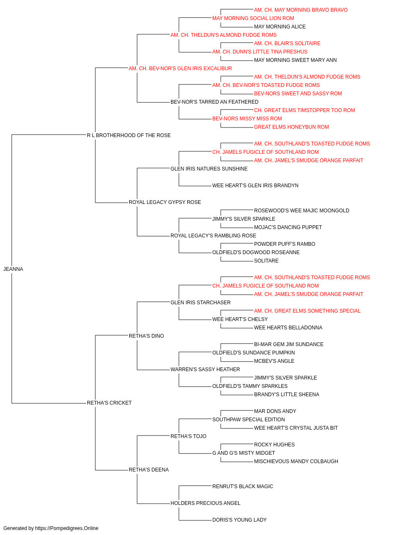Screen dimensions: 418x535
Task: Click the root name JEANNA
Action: pos(13,269)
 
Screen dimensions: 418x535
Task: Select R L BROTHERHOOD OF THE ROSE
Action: pos(129,135)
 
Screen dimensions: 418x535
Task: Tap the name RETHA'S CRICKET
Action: pos(109,403)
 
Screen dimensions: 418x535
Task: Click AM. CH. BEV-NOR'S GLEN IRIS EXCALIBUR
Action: pos(180,69)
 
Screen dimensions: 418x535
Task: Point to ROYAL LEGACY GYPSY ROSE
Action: pos(165,202)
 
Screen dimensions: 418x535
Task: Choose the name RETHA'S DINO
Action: pos(146,336)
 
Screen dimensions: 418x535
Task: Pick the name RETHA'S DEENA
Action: pos(149,470)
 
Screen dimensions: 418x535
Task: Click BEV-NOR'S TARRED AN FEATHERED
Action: pos(214,102)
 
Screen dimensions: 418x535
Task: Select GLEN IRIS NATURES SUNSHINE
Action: pos(209,168)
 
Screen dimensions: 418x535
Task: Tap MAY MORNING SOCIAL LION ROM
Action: pos(253,18)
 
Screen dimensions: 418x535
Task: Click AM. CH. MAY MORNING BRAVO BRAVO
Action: pos(301,10)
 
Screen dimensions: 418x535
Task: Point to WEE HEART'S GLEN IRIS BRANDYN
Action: pos(255,186)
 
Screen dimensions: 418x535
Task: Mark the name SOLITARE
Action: pos(266,261)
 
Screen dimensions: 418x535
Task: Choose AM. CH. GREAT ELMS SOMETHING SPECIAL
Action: pos(307,311)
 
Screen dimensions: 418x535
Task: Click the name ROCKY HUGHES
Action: pos(274,445)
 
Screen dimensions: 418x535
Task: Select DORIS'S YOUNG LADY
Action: pos(239,520)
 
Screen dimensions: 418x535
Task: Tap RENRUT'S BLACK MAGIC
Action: pos(243,487)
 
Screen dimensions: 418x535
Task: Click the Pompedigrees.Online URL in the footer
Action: pos(67,528)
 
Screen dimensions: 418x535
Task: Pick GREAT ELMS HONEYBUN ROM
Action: pos(291,127)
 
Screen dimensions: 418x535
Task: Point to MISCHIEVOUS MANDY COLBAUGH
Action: pos(296,461)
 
